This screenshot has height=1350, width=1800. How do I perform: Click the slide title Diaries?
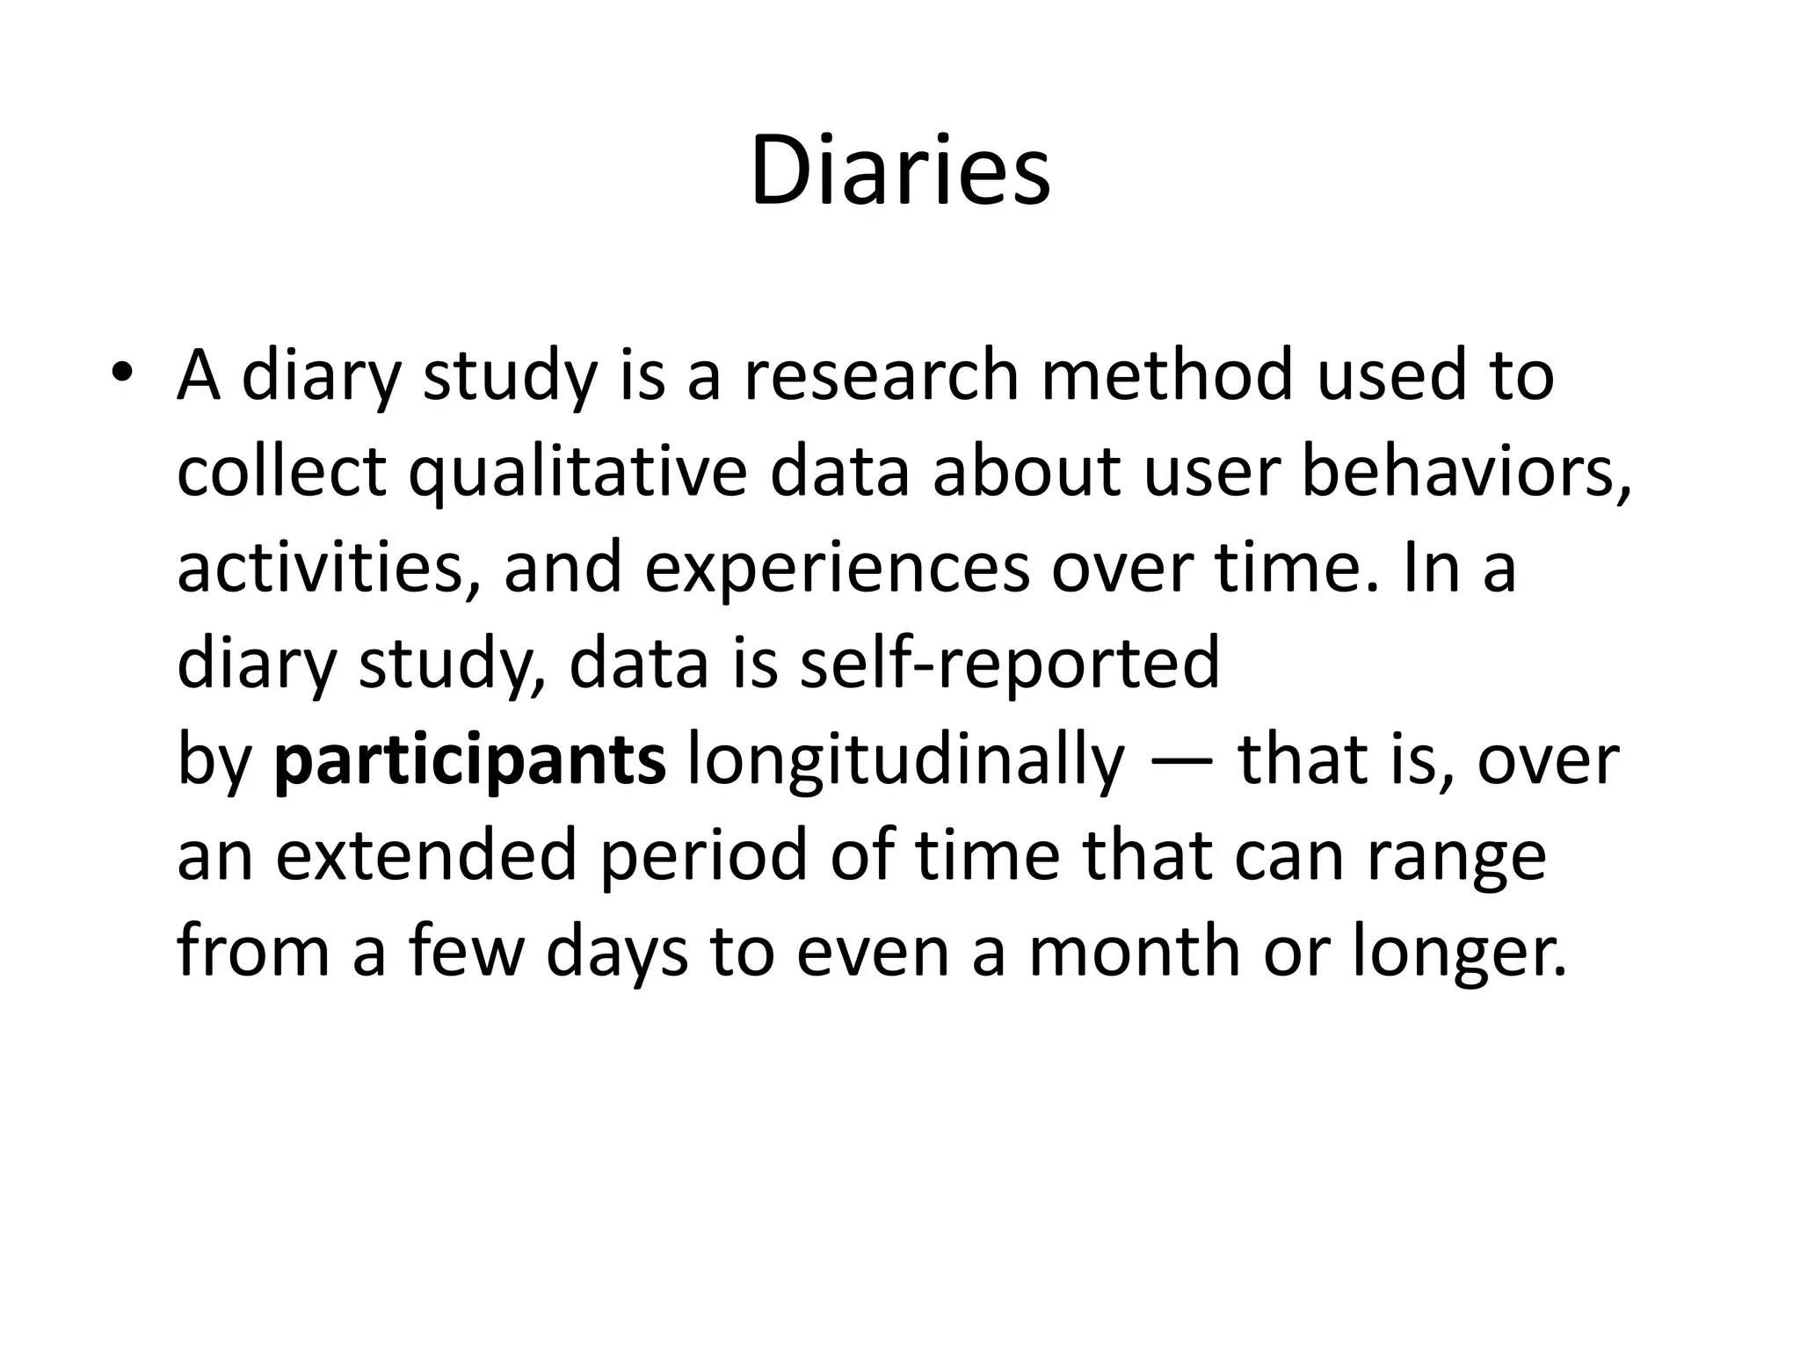coord(900,171)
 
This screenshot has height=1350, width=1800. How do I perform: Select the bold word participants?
coord(470,760)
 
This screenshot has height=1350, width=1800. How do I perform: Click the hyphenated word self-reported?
coord(1010,664)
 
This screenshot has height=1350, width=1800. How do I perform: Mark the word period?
coord(702,858)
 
